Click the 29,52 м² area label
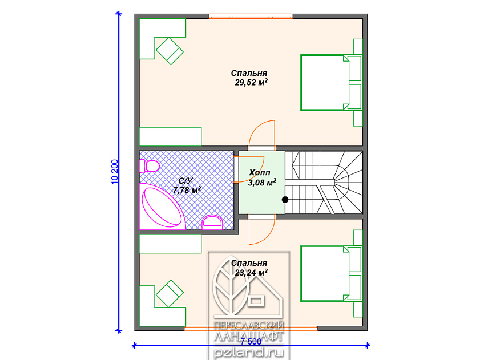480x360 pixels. coord(251,82)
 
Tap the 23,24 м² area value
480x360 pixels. coord(251,273)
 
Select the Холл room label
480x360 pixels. coord(260,173)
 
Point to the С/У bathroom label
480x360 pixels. coord(186,181)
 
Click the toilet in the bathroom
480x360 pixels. coord(149,166)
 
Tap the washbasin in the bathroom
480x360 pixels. coord(212,223)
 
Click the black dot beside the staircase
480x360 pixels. coord(285,200)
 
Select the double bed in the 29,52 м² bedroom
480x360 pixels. coord(325,82)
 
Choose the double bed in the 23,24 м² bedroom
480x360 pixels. coord(325,273)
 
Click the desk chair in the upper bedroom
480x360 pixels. coord(170,51)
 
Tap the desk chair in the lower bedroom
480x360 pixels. coord(170,294)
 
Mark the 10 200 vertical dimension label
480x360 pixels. coord(115,172)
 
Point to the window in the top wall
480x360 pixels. coord(251,16)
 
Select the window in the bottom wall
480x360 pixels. coord(251,328)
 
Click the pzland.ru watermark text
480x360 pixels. coord(249,353)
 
